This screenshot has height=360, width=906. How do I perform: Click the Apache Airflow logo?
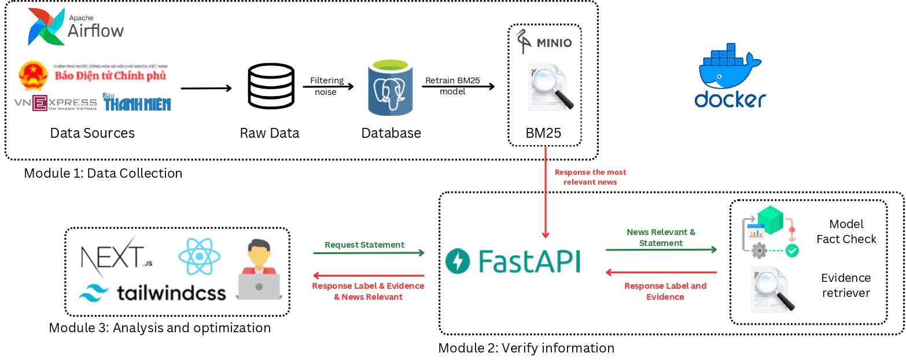point(76,27)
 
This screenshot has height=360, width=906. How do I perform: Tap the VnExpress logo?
point(56,103)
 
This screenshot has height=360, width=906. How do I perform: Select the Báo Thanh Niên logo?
point(137,102)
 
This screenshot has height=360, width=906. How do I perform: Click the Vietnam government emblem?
point(34,75)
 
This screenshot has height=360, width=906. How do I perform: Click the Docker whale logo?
point(730,75)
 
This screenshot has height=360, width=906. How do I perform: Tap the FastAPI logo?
point(513,262)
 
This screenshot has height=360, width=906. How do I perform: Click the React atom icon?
point(199,256)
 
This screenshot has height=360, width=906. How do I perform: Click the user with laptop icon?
point(259,271)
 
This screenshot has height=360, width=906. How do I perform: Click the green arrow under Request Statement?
point(369,253)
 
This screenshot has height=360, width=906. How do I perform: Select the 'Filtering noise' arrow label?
point(326,86)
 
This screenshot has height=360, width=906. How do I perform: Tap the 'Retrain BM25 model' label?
point(452,86)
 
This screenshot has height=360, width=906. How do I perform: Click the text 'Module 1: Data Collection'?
point(103,173)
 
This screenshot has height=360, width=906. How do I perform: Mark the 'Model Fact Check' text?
point(846,232)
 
